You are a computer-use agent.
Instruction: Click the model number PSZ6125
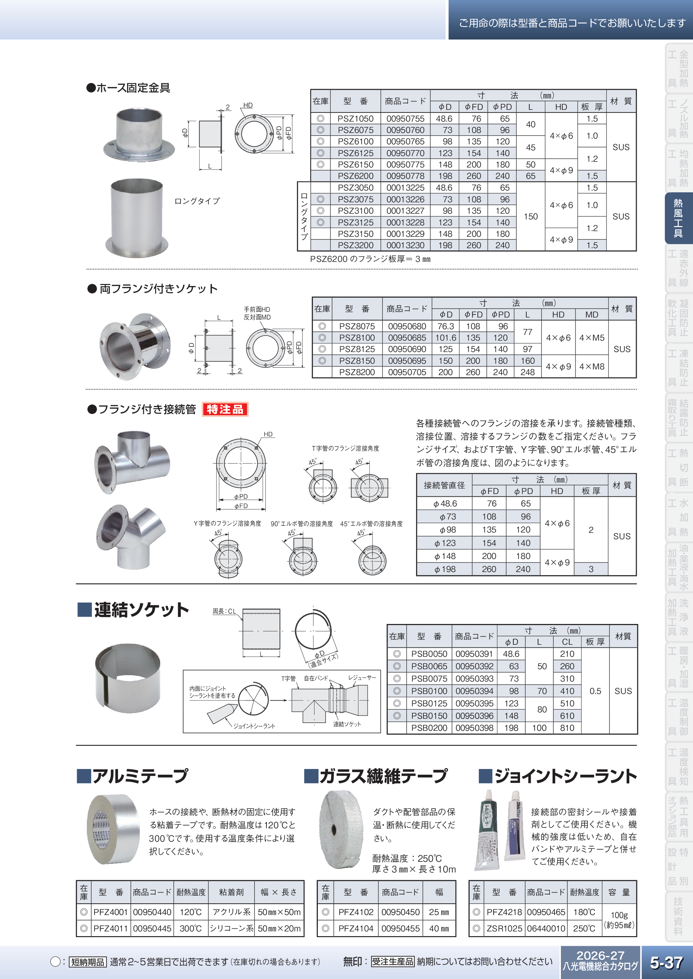[x=355, y=153]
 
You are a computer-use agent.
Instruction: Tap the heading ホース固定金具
[x=133, y=88]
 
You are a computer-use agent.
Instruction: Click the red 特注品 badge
[x=225, y=409]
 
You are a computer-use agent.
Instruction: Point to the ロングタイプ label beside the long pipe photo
[x=197, y=201]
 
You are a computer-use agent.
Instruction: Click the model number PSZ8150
[x=357, y=361]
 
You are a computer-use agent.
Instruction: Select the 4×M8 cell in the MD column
[x=591, y=367]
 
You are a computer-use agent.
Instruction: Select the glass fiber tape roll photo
[x=341, y=829]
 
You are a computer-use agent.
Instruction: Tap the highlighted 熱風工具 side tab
[x=678, y=218]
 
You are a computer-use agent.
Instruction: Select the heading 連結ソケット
[x=141, y=610]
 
